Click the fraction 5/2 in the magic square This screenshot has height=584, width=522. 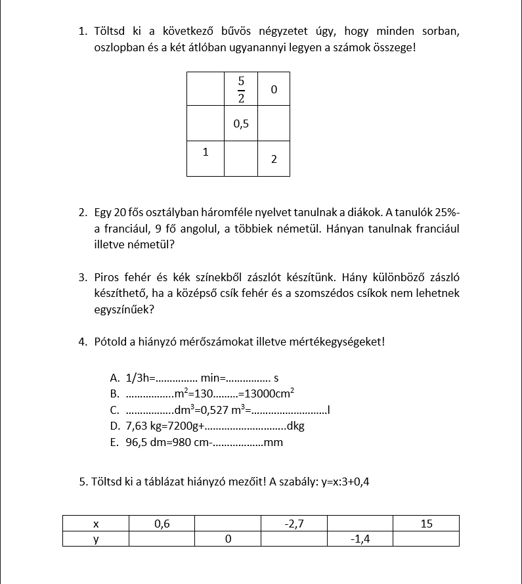coord(241,90)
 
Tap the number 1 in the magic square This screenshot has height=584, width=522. coord(206,152)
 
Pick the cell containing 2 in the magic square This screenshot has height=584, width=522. coord(274,160)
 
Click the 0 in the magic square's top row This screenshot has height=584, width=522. coord(274,89)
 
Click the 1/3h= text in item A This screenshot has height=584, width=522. coord(140,378)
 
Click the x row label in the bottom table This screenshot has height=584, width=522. coord(96,524)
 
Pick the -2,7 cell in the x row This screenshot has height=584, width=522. coord(294,524)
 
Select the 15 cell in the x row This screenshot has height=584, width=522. coord(425,524)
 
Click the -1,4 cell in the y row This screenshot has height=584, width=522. coord(360,539)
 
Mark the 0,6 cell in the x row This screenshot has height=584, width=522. coord(162,524)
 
